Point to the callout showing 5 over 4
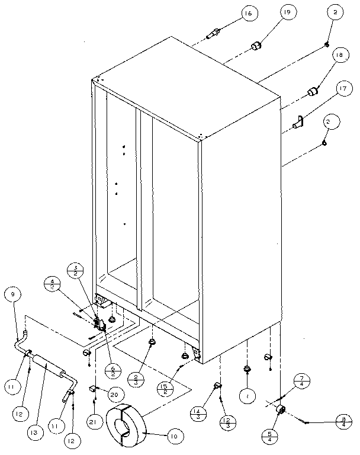coord(269,437)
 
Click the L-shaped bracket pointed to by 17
coord(299,123)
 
